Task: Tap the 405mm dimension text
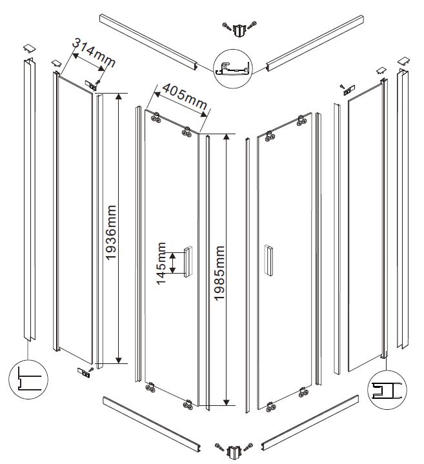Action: point(183,97)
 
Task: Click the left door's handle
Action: point(188,261)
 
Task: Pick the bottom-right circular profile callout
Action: point(385,389)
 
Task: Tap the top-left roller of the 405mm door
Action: point(156,117)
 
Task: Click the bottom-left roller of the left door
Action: point(150,388)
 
